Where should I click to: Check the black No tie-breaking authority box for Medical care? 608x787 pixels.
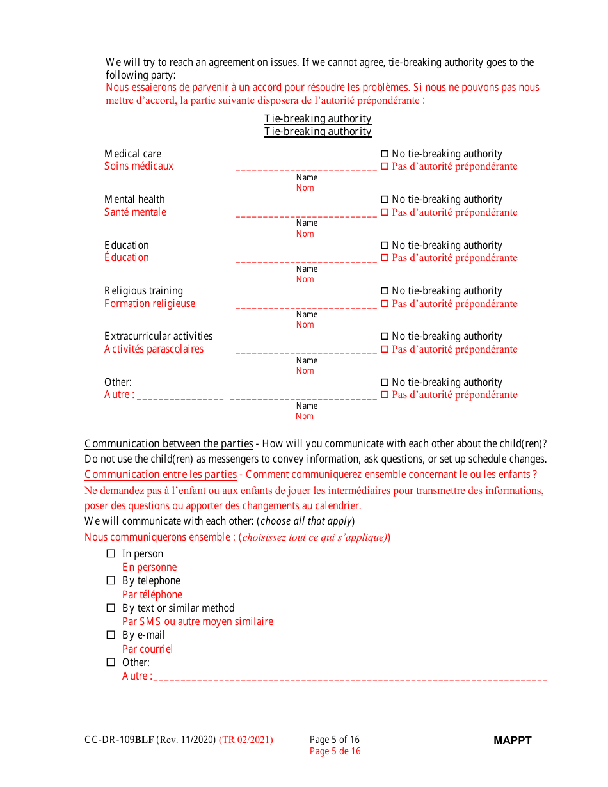tap(385, 154)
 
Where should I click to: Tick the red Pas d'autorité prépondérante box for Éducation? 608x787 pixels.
tap(385, 258)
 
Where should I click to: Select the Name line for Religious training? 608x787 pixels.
tap(306, 305)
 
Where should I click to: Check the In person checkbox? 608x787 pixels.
tap(111, 553)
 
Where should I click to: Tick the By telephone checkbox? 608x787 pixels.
tap(111, 580)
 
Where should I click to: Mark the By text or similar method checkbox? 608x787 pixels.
tap(111, 608)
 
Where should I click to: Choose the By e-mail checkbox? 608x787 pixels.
tap(111, 635)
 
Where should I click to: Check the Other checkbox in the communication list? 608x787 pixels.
tap(111, 662)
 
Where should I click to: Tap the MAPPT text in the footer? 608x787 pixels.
tap(512, 740)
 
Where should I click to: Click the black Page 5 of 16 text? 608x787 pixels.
tap(335, 740)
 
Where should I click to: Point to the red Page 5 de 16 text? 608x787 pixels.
tap(335, 751)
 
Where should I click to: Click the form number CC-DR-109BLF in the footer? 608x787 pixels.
tap(119, 740)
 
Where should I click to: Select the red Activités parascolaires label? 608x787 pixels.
tap(154, 349)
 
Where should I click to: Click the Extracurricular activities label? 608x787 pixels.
tap(158, 337)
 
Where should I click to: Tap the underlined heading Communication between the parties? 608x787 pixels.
tap(168, 444)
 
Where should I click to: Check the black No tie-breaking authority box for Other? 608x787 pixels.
tap(385, 383)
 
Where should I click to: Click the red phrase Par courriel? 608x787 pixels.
tap(147, 649)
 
